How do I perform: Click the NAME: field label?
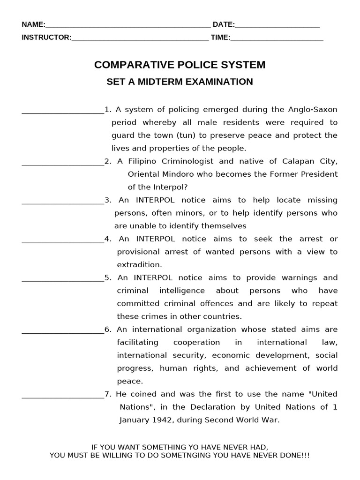coord(33,24)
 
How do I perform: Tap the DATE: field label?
coord(224,24)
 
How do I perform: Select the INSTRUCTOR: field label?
coord(46,37)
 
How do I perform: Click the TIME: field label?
coord(220,37)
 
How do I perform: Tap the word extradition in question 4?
coord(139,265)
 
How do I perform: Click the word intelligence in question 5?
coord(182,291)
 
